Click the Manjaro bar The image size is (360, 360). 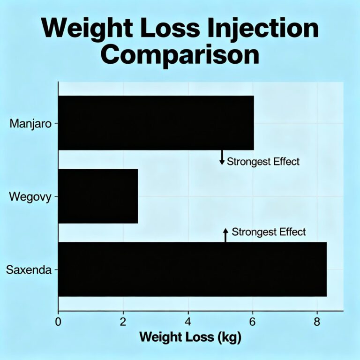(x=156, y=123)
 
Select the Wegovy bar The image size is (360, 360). (x=98, y=196)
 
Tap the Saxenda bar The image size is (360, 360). (x=192, y=269)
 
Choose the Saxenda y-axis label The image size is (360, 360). (x=29, y=270)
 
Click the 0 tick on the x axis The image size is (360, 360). (x=58, y=322)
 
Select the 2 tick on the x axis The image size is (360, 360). (x=123, y=322)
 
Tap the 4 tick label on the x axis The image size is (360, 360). (x=188, y=322)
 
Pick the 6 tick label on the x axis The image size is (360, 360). (x=253, y=322)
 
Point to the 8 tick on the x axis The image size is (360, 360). (x=317, y=322)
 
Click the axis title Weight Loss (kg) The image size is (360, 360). (x=190, y=337)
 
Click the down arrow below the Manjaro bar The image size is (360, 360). (x=222, y=157)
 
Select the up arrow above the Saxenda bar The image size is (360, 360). (x=225, y=234)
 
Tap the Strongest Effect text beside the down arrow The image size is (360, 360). (x=263, y=162)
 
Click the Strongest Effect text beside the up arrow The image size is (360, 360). (x=269, y=232)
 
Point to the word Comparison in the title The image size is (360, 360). (x=180, y=55)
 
